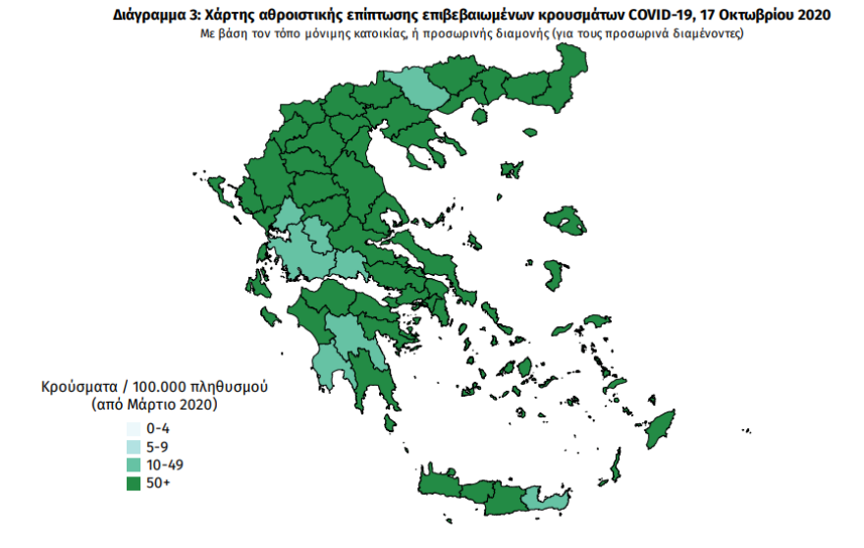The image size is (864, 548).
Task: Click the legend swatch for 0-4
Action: (133, 429)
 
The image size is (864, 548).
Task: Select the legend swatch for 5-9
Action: (133, 447)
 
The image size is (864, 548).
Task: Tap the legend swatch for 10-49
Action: (133, 465)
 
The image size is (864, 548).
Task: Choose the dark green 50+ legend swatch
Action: (133, 482)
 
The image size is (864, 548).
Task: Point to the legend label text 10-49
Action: (165, 465)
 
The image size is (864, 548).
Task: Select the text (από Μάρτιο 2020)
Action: (153, 405)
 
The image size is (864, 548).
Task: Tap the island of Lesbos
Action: (566, 221)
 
